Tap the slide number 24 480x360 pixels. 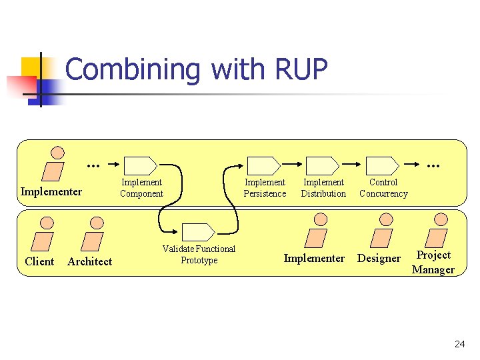click(x=459, y=344)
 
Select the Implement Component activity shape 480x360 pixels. click(x=141, y=165)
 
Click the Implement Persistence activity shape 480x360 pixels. click(x=264, y=165)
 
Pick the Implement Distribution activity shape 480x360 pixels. click(x=323, y=165)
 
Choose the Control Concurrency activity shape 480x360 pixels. click(x=383, y=165)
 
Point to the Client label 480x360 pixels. click(x=39, y=261)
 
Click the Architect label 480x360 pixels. click(x=90, y=262)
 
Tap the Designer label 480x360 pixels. click(x=379, y=258)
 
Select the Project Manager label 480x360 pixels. click(x=433, y=262)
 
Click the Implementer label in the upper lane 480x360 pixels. click(x=51, y=192)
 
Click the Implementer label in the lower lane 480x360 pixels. click(x=314, y=258)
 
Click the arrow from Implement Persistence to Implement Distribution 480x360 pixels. click(x=293, y=162)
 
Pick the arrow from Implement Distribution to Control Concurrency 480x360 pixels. click(x=353, y=162)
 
